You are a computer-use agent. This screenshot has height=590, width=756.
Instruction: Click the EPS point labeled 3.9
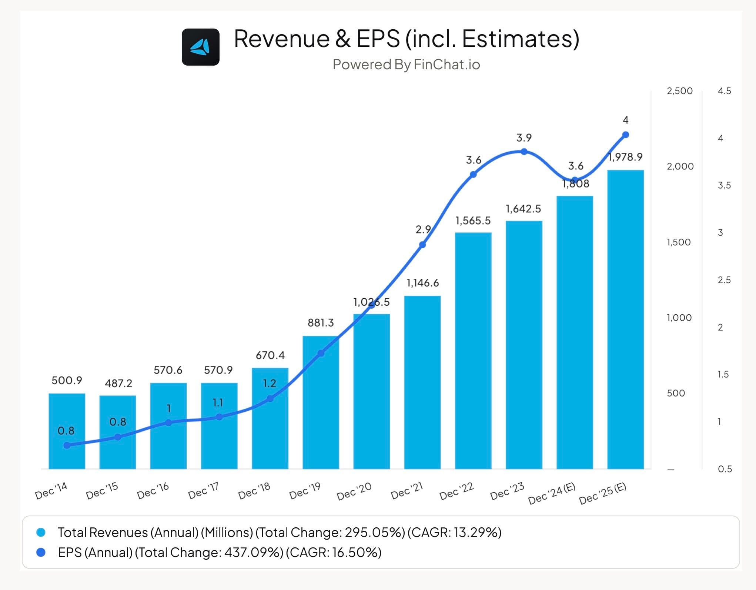[x=524, y=152]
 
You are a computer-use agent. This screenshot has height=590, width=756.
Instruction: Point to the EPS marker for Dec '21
[x=422, y=245]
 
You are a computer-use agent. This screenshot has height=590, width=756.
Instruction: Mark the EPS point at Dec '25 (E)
[x=625, y=135]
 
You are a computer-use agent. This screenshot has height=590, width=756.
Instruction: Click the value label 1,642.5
[x=523, y=209]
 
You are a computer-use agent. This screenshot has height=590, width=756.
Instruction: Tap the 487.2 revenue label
[x=118, y=383]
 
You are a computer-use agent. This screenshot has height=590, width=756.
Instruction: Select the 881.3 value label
[x=321, y=323]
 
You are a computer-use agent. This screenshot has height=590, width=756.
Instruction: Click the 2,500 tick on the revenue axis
[x=679, y=91]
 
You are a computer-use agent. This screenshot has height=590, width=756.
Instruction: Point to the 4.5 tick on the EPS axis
[x=724, y=91]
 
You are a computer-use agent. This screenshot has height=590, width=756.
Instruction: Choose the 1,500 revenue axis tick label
[x=679, y=242]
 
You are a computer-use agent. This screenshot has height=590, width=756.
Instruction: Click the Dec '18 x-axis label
[x=254, y=490]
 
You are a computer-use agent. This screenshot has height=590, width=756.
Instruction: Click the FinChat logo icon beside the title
[x=201, y=47]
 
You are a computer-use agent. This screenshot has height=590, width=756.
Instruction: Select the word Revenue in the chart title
[x=282, y=39]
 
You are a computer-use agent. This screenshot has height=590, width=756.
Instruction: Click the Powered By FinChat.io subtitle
[x=406, y=64]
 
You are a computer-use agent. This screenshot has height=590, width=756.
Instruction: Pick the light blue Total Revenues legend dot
[x=41, y=533]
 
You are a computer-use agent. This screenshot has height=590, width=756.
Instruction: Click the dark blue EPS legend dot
[x=41, y=553]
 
